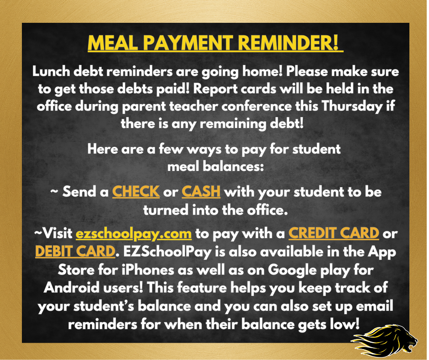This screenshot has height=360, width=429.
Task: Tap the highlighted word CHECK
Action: tap(136, 192)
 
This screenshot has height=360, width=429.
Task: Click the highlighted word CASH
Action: tap(201, 192)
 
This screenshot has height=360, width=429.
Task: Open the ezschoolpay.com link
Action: tap(134, 233)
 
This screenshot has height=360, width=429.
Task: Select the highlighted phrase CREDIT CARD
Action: tap(334, 233)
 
